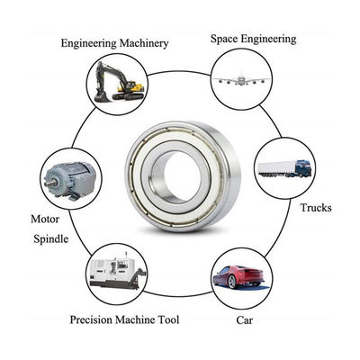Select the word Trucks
pos(315,208)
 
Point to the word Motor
pos(46,218)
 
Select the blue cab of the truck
pos(303,167)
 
